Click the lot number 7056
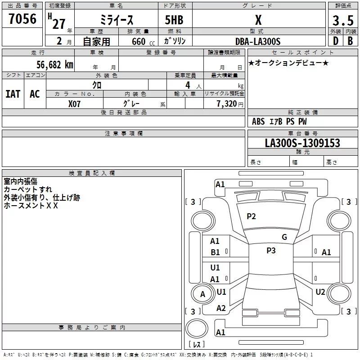22,19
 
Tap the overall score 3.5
342,21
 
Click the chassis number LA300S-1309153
302,143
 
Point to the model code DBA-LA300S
257,41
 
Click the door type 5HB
174,20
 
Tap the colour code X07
74,103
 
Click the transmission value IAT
13,94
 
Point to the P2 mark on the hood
251,216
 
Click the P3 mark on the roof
271,251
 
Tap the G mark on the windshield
284,237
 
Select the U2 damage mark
320,292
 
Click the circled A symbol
202,294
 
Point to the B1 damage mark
215,252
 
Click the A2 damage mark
221,308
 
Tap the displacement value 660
139,41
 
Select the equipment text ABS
258,121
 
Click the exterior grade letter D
335,41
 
